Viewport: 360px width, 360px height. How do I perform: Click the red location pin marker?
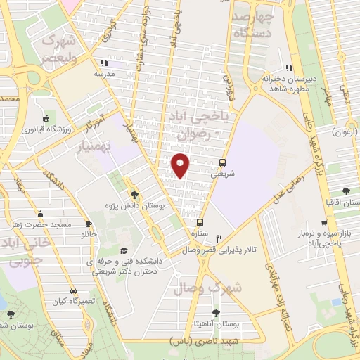pyautogui.click(x=181, y=165)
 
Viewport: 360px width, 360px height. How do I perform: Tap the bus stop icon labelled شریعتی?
pyautogui.click(x=223, y=162)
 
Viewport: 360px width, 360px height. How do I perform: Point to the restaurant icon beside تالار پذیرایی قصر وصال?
pyautogui.click(x=219, y=238)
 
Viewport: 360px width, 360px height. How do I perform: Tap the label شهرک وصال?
pyautogui.click(x=216, y=287)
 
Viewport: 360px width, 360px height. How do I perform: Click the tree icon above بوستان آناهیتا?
pyautogui.click(x=215, y=312)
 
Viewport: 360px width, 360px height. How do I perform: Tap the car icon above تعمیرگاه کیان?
pyautogui.click(x=73, y=290)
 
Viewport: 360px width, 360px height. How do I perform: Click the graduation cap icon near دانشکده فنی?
pyautogui.click(x=124, y=251)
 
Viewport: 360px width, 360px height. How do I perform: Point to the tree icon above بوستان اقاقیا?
pyautogui.click(x=345, y=191)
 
